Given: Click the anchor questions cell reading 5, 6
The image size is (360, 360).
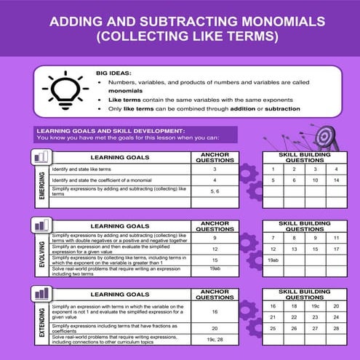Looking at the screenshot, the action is pyautogui.click(x=215, y=191).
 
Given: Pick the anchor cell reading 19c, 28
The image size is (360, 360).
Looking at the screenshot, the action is pyautogui.click(x=215, y=340).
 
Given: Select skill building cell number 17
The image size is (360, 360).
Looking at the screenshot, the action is pyautogui.click(x=336, y=249).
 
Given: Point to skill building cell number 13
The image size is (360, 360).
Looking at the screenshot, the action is pyautogui.click(x=294, y=249).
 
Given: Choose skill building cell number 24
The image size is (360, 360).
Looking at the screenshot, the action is pyautogui.click(x=336, y=318).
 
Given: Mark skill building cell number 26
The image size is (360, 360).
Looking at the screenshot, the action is pyautogui.click(x=294, y=329).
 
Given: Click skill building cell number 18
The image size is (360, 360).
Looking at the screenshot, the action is pyautogui.click(x=294, y=306).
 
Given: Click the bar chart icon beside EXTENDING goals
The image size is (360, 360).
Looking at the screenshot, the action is pyautogui.click(x=41, y=293).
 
